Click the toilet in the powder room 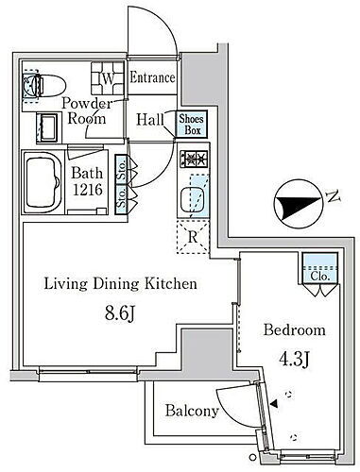(x=44, y=85)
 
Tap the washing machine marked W (x=108, y=78)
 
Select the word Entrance (x=152, y=77)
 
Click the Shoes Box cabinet (x=192, y=124)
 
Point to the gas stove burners (x=194, y=159)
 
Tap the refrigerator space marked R (x=193, y=237)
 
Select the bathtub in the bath (x=43, y=182)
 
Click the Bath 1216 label (x=87, y=181)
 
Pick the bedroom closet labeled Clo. (x=320, y=268)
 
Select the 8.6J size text (x=120, y=313)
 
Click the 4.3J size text (x=294, y=360)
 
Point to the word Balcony (x=192, y=411)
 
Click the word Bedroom (x=295, y=330)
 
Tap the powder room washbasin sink (x=47, y=127)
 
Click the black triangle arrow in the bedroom (x=274, y=404)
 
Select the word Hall (x=150, y=120)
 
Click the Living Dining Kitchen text (x=120, y=284)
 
